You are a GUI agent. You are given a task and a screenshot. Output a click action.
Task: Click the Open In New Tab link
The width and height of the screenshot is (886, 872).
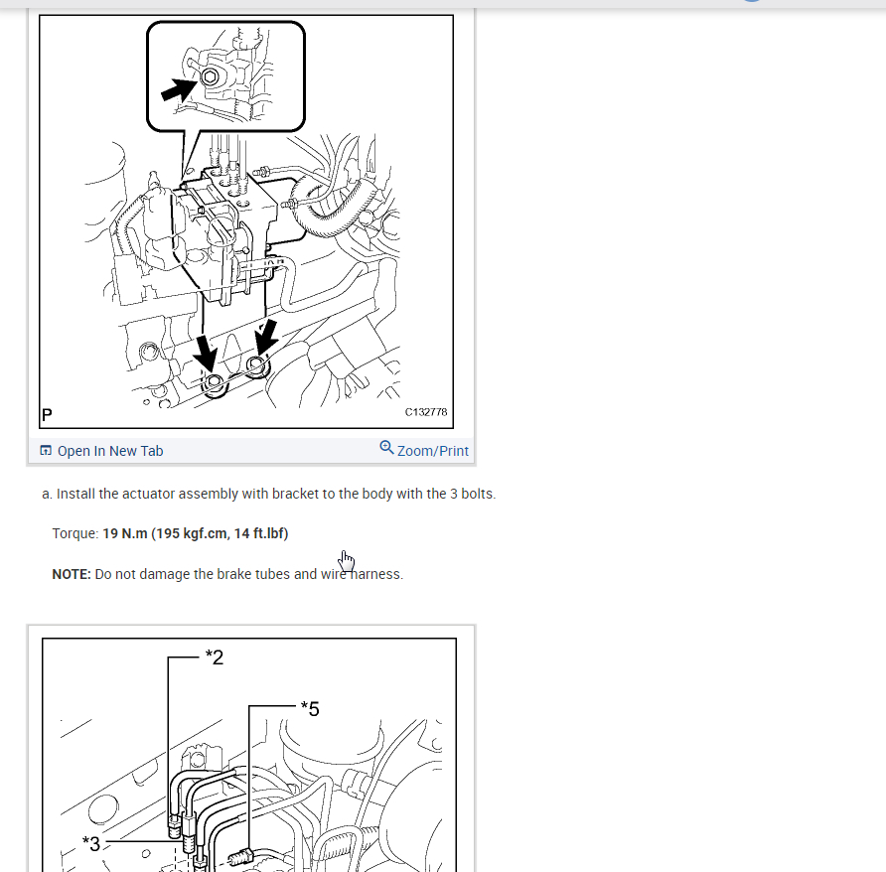pos(101,451)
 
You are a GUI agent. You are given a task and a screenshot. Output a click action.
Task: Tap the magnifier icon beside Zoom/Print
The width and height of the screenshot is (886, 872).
pos(386,448)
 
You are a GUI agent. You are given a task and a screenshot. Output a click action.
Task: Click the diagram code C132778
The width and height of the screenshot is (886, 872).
pos(426,412)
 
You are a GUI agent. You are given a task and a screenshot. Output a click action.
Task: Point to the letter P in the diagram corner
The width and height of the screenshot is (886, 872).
pos(47,415)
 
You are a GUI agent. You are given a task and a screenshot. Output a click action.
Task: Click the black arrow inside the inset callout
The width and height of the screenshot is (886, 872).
pos(179,89)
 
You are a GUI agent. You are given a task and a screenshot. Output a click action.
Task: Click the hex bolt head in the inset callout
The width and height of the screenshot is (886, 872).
pos(210,76)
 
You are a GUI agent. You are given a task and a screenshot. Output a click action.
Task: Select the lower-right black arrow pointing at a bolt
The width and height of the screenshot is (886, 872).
pos(265,338)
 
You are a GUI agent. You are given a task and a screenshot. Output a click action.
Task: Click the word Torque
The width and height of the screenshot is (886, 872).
pos(75,534)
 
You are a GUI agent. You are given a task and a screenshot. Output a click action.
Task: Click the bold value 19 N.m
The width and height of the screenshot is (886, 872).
pos(125,534)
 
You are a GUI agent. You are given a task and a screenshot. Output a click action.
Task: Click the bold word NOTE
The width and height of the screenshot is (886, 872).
pos(72,574)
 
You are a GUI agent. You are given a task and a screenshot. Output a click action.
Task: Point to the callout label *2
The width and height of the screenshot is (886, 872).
pos(215,657)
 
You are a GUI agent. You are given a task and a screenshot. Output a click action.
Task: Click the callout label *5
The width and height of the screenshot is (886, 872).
pos(310,709)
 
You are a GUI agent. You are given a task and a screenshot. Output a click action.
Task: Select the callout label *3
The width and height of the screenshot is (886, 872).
pos(91,844)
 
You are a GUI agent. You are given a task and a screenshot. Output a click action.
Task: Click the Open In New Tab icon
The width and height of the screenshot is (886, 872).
pos(46,451)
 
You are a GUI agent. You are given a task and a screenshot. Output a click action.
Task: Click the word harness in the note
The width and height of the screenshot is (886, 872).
pos(375,574)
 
